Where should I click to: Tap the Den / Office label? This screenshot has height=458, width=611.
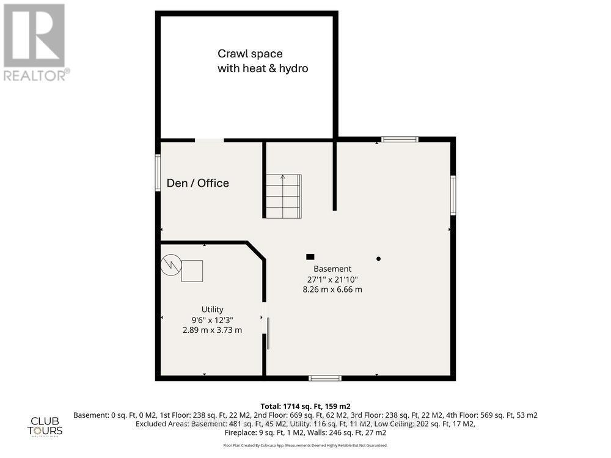coord(198,183)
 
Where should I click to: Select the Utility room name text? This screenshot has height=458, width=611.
coord(213,310)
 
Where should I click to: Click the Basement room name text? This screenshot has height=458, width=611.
coord(332,269)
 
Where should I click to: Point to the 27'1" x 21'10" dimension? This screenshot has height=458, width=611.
coord(332,279)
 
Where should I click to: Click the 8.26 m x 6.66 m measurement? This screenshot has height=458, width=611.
coord(332,289)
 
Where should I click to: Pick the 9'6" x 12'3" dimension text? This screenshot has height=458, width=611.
coord(213,319)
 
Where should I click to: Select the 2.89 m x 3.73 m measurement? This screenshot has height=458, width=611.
coord(213,330)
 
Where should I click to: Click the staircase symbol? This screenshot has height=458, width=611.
coord(283,196)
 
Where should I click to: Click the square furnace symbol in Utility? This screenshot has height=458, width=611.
coord(192,271)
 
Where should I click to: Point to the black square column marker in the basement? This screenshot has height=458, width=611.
coord(310,257)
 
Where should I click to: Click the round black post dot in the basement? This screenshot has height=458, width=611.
coord(378,259)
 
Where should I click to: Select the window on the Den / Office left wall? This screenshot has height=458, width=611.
coord(158,173)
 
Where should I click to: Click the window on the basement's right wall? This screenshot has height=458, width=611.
coord(453,195)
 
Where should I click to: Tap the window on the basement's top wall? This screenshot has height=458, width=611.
coord(400,139)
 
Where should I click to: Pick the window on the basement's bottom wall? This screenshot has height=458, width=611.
coord(324,378)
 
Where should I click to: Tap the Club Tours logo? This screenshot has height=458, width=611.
coord(46,426)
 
